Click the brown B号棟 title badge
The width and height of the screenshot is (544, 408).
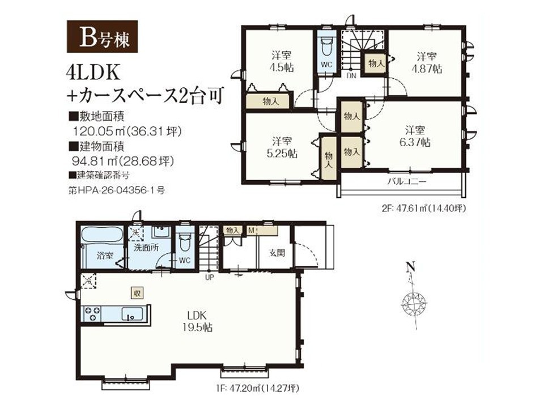pyautogui.click(x=103, y=36)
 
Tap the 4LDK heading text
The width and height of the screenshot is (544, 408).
pyautogui.click(x=93, y=74)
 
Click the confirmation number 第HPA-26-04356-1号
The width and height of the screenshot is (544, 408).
pyautogui.click(x=117, y=190)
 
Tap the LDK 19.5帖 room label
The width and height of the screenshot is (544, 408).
pyautogui.click(x=198, y=322)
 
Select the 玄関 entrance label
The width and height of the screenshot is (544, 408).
pyautogui.click(x=277, y=253)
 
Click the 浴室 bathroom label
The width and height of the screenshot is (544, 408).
pyautogui.click(x=105, y=256)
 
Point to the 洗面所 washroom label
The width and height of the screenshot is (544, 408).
pyautogui.click(x=146, y=248)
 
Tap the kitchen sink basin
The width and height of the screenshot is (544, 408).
pyautogui.click(x=132, y=314)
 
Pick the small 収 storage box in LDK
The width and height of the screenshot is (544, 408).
pyautogui.click(x=137, y=293)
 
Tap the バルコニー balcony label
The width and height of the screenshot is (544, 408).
pyautogui.click(x=406, y=181)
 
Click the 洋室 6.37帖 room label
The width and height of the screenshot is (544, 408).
pyautogui.click(x=415, y=137)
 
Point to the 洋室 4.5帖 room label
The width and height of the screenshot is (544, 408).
pyautogui.click(x=282, y=61)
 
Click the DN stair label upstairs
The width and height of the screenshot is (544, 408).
pyautogui.click(x=351, y=75)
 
